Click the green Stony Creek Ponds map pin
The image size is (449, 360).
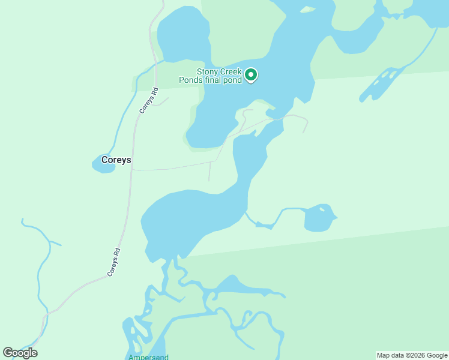point(252,75)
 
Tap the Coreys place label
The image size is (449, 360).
point(116,160)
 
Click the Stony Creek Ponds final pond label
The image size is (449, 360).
point(211,76)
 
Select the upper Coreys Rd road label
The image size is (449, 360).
point(148,101)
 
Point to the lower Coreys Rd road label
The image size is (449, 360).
point(115,262)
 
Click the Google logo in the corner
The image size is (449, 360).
point(20,353)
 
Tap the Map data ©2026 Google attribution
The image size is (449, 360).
point(412,355)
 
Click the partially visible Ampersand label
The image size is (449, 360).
point(148,357)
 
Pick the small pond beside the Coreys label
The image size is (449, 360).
point(102,164)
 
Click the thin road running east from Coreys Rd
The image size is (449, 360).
point(174,167)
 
